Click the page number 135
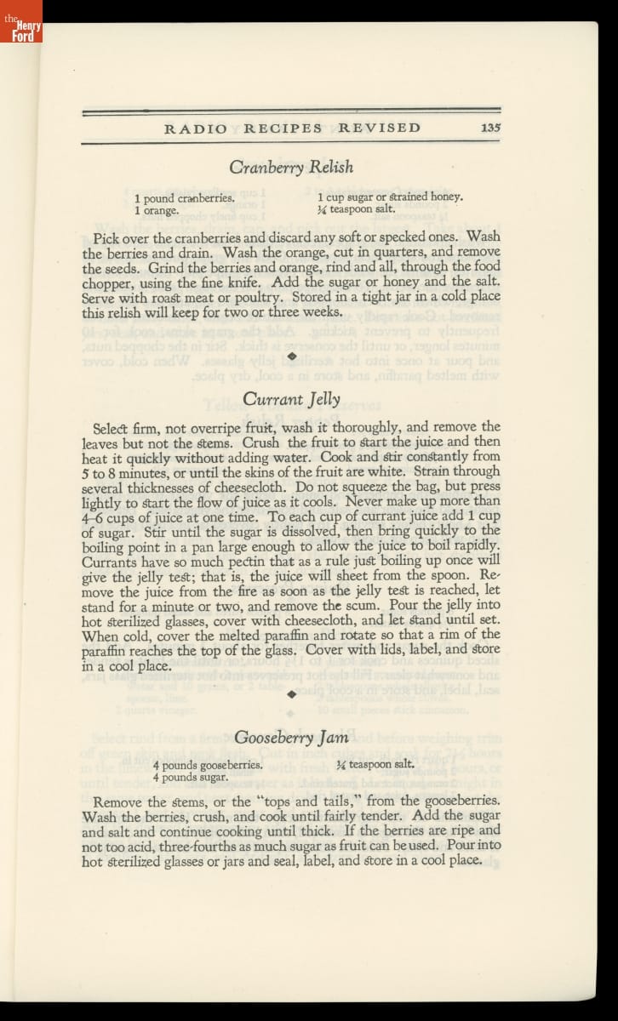click(x=489, y=128)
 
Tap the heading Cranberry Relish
click(x=291, y=167)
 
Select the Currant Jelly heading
click(x=291, y=398)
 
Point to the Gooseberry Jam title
click(x=291, y=738)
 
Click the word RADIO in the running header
click(x=196, y=128)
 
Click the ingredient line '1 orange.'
click(x=157, y=209)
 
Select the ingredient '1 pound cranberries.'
click(x=184, y=198)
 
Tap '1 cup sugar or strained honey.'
click(x=390, y=197)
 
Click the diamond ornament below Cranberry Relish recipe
click(x=291, y=355)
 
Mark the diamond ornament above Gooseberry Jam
click(x=291, y=694)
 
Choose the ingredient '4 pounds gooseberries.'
click(x=207, y=765)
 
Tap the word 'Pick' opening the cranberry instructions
click(x=106, y=237)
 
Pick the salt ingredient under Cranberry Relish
click(x=356, y=208)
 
